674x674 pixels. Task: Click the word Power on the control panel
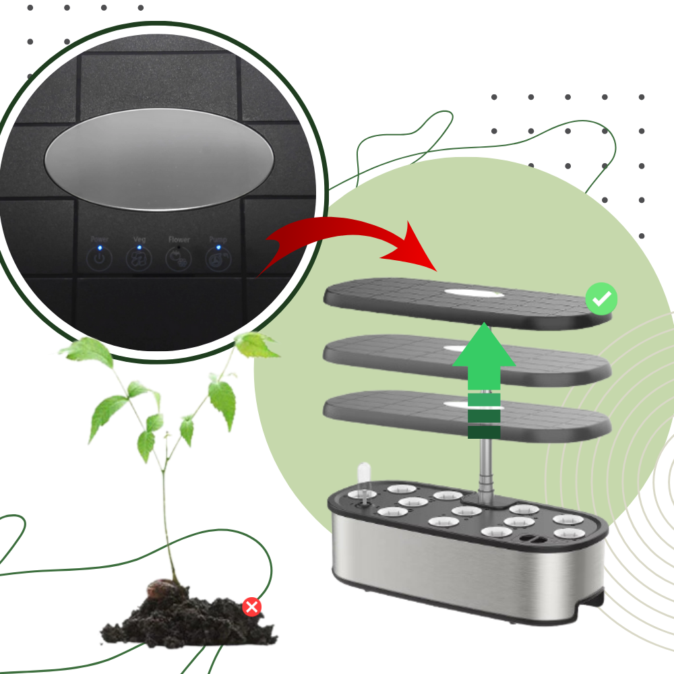coord(100,239)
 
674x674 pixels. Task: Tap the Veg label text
coord(140,239)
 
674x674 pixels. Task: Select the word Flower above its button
coord(179,239)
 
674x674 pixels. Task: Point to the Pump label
coord(218,239)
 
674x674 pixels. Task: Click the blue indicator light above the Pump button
coord(218,247)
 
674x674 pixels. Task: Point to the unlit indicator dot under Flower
coord(179,247)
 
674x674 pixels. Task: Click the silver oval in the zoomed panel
coord(160,159)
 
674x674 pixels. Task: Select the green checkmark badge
coord(601,299)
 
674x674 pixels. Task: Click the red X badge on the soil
coord(252,607)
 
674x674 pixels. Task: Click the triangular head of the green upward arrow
coord(483,347)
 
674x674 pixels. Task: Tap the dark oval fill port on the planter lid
coord(532,539)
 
